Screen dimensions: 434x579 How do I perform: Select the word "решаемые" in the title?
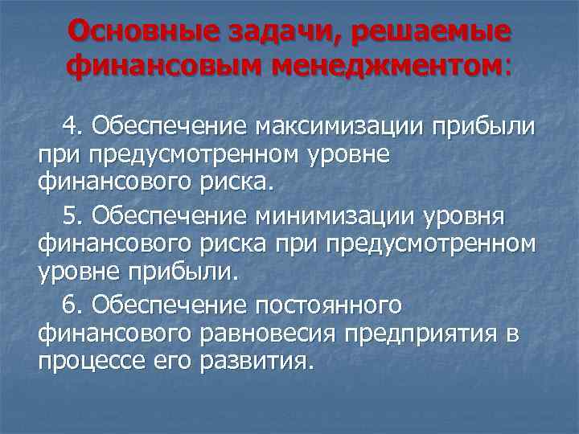click(441, 31)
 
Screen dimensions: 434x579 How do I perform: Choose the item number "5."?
click(73, 216)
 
